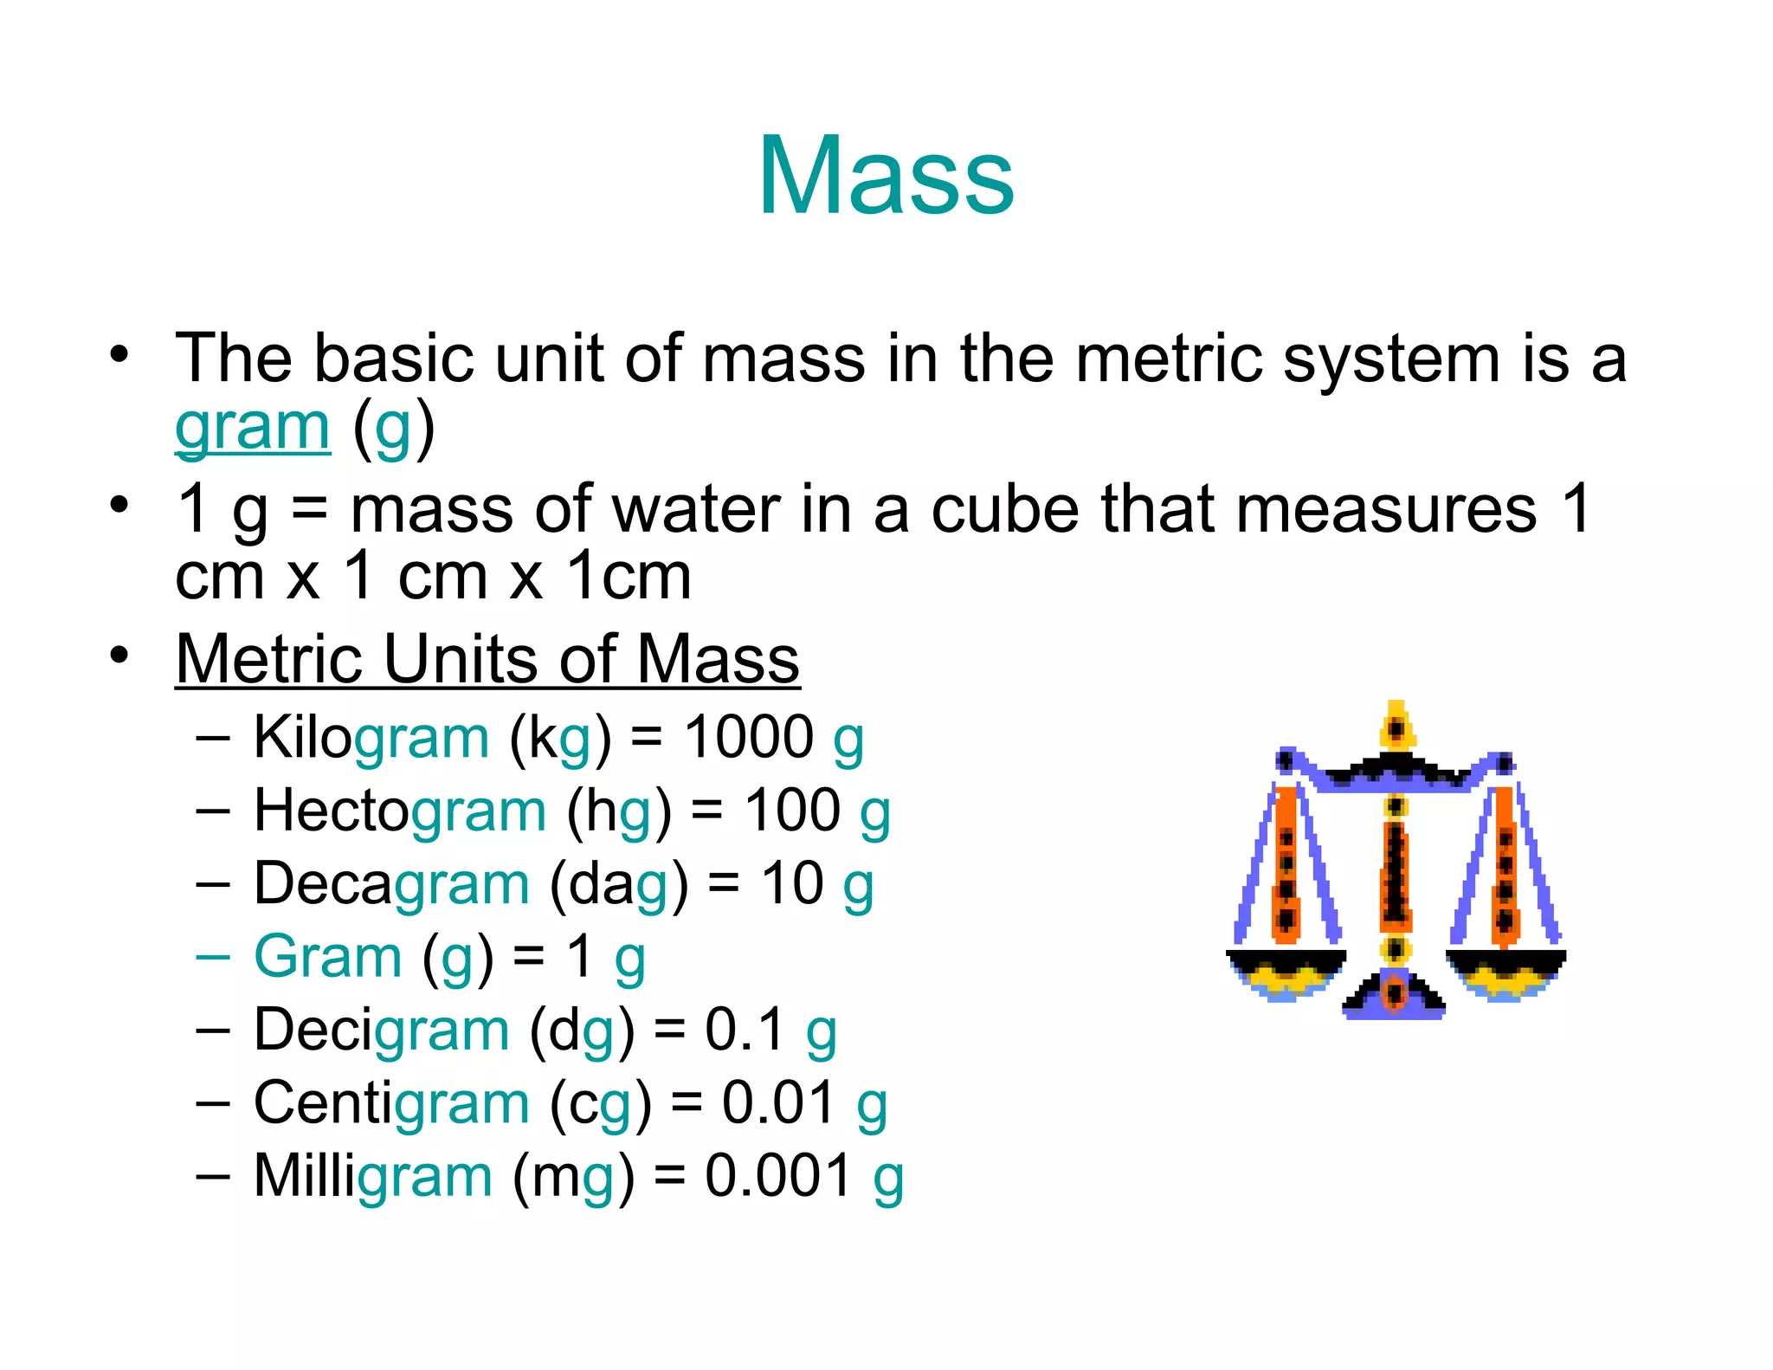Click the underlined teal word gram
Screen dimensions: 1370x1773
coord(252,427)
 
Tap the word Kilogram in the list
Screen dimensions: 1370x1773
coord(371,738)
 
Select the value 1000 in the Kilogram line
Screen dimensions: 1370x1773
coord(748,738)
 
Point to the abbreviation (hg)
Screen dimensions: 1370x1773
coord(619,811)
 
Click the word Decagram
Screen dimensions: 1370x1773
coord(391,884)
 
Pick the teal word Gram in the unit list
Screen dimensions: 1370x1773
coord(328,957)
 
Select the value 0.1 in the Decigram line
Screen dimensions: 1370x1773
coord(744,1030)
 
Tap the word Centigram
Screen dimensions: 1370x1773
coord(391,1103)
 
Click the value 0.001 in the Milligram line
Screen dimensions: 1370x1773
coord(777,1176)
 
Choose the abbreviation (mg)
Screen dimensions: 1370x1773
coord(573,1177)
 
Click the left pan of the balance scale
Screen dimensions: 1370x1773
coord(1286,970)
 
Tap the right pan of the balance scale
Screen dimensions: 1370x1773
coord(1505,970)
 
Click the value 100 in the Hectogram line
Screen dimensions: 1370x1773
coord(792,811)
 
